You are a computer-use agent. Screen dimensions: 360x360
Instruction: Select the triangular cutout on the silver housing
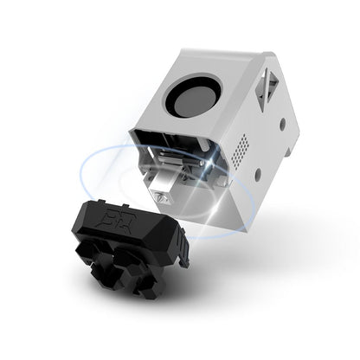pyautogui.click(x=267, y=86)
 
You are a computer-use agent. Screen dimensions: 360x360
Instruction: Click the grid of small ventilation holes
pyautogui.click(x=245, y=145)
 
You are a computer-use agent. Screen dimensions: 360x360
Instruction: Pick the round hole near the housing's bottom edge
pyautogui.click(x=258, y=176)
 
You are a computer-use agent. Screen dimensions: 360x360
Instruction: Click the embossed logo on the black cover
pyautogui.click(x=113, y=211)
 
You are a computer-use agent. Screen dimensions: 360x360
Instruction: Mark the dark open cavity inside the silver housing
pyautogui.click(x=173, y=156)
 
